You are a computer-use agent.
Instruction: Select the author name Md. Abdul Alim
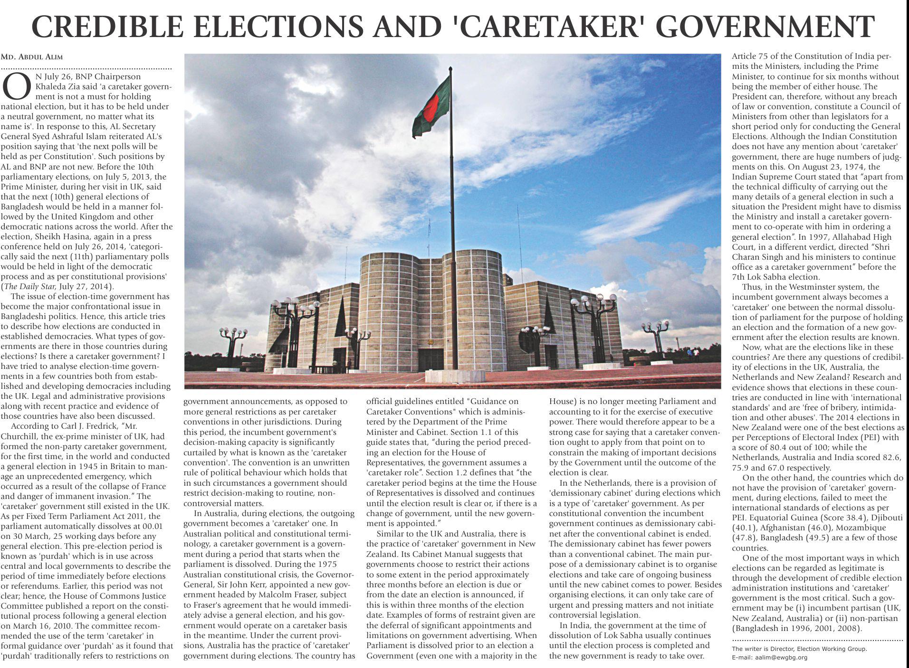click(x=32, y=57)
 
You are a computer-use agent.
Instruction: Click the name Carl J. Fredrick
click(x=95, y=426)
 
